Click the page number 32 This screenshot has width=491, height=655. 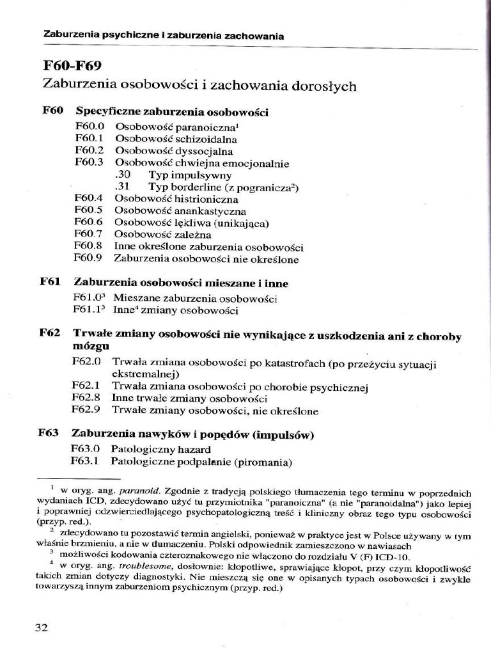[x=42, y=627]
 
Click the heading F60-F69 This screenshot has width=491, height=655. [x=72, y=66]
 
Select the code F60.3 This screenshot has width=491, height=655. [x=89, y=162]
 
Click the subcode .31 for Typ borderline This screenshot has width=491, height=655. [x=123, y=187]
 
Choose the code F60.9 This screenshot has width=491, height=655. [x=88, y=259]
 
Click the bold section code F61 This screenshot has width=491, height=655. [x=50, y=282]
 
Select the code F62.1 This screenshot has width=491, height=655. [x=86, y=386]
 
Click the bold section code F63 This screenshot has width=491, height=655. [x=49, y=434]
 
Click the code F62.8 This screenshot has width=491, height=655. [x=86, y=398]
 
